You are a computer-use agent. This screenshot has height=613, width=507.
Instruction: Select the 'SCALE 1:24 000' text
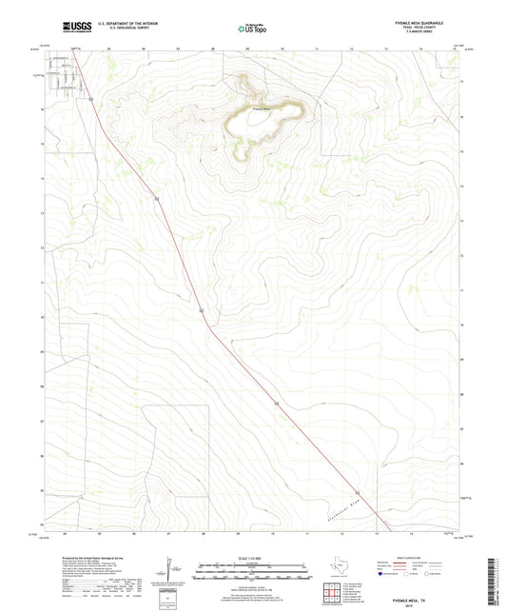[252, 559]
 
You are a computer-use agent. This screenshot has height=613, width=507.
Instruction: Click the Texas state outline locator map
[340, 568]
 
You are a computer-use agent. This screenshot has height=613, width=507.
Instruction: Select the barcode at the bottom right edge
[497, 572]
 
